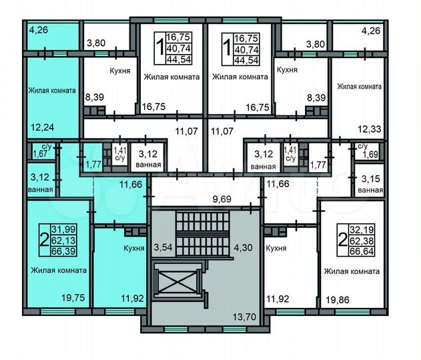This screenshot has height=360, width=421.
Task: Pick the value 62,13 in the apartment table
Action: coord(65,241)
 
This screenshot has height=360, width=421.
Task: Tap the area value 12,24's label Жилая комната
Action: coord(51,91)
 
